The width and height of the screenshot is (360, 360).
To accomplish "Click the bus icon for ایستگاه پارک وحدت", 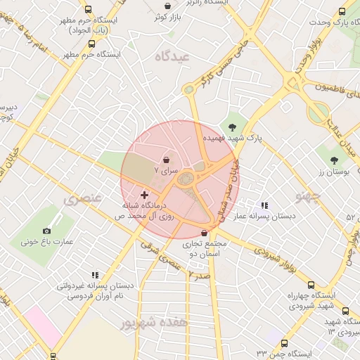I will point(342,12).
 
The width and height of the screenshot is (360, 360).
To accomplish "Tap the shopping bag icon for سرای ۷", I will point(166,160).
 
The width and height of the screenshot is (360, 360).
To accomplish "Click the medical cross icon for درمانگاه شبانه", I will point(144,194).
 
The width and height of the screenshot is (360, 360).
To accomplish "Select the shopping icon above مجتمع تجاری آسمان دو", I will point(205,233).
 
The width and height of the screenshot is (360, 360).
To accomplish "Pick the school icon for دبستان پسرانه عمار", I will point(264,205).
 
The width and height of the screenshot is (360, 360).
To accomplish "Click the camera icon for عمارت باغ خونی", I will point(47,231).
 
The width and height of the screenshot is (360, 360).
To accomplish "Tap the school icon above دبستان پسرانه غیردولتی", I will point(95,275).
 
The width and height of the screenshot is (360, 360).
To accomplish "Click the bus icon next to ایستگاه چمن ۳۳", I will point(284,343).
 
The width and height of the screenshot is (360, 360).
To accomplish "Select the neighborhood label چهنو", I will point(310,194).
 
